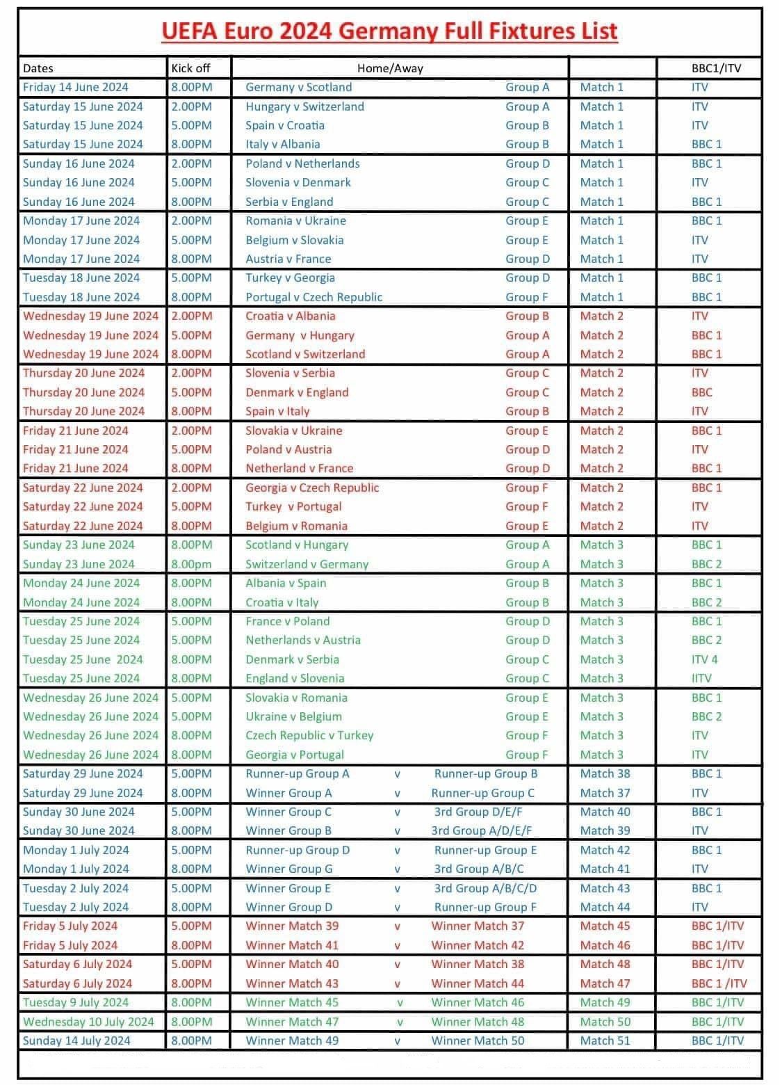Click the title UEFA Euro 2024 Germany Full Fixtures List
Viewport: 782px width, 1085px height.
(389, 32)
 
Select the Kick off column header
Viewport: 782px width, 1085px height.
(190, 68)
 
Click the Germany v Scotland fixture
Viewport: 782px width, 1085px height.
(298, 87)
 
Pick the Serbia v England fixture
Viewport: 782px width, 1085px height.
(289, 202)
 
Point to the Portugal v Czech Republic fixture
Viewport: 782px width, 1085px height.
(313, 297)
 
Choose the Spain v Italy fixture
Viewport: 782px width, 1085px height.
(277, 411)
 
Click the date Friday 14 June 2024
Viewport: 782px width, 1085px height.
(75, 87)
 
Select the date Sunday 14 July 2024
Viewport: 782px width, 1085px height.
(76, 1040)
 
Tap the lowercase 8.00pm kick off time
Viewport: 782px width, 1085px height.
(192, 564)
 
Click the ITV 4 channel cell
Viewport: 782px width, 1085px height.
(704, 659)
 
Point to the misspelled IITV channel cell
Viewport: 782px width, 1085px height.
(701, 678)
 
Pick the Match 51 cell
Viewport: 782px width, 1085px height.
(605, 1040)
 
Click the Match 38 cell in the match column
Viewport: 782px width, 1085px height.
(605, 773)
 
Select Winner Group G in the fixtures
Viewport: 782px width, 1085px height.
(288, 869)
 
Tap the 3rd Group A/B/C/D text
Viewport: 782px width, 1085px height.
(485, 888)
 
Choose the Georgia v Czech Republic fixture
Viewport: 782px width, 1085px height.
(312, 488)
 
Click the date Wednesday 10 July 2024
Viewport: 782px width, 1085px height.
(88, 1022)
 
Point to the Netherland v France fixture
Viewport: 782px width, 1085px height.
(299, 468)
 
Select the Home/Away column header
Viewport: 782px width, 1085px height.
(389, 68)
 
